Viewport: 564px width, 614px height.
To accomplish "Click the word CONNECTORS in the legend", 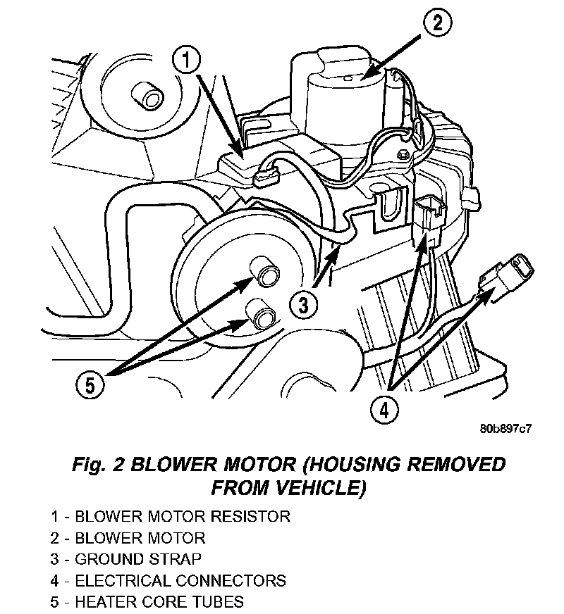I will coord(232,581).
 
